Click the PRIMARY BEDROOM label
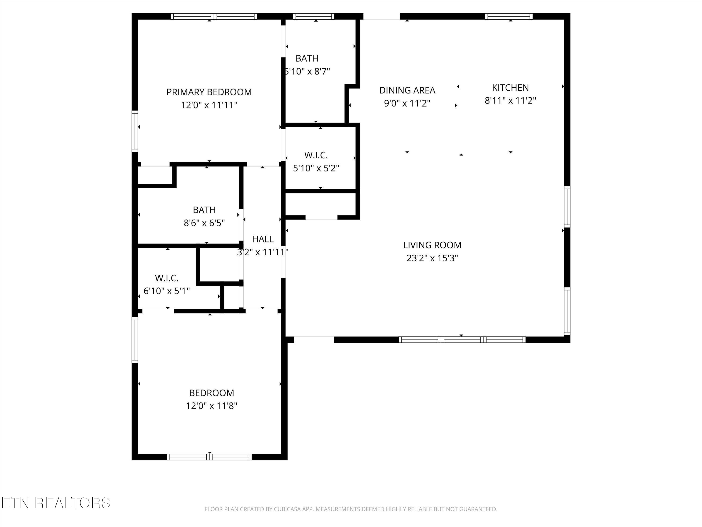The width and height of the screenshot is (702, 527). tap(209, 92)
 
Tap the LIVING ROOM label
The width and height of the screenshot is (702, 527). tap(432, 245)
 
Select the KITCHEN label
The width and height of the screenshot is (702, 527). tap(510, 88)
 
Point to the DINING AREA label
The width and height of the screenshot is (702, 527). tap(407, 91)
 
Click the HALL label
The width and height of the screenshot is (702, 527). tap(263, 239)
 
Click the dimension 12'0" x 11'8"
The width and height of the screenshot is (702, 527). tap(212, 406)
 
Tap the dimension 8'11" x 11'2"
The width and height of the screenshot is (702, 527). tap(510, 101)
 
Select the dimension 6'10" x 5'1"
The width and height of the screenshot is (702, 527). tap(167, 291)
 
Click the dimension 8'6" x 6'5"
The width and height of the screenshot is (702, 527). tap(204, 223)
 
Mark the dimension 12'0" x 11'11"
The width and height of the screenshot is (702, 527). tap(209, 105)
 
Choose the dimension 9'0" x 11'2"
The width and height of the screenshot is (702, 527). tap(407, 104)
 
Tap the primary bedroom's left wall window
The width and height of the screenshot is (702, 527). tap(135, 131)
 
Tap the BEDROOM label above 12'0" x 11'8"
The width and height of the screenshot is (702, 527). tap(212, 393)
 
